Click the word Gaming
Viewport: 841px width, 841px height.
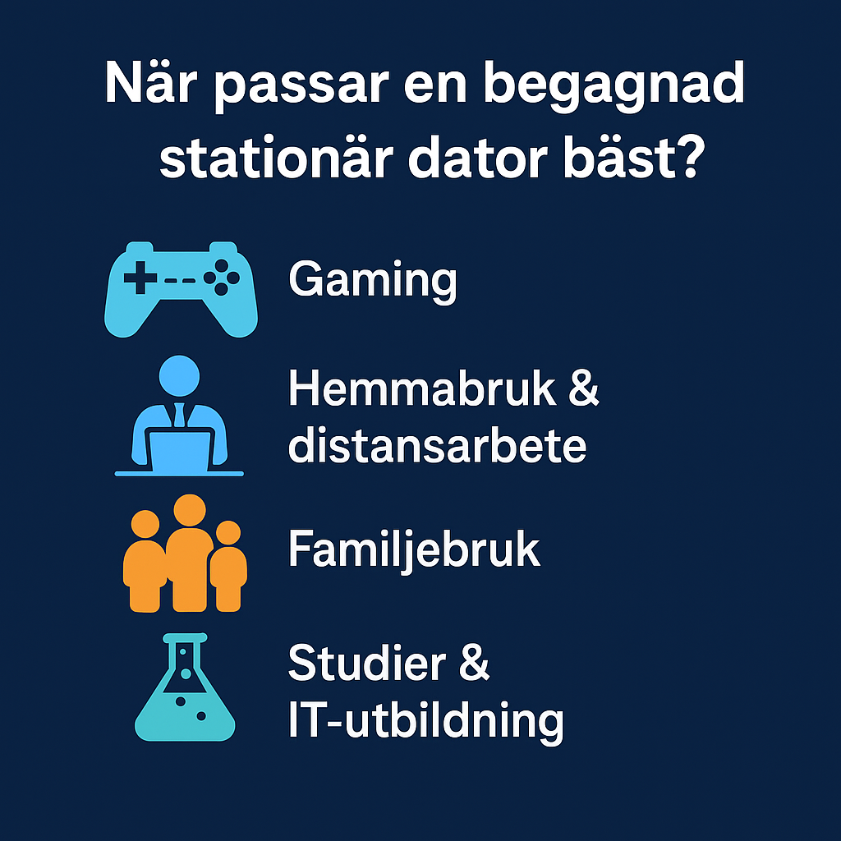coord(373,281)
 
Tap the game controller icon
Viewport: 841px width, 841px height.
coord(181,290)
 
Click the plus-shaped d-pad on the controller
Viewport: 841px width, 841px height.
coord(140,278)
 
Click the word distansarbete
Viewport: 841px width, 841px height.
coord(437,445)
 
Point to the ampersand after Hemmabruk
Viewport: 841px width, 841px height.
coord(584,388)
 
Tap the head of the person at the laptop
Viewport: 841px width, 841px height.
coord(179,375)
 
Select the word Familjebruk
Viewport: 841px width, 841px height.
coord(414,549)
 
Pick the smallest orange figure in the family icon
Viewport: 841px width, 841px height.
coord(228,567)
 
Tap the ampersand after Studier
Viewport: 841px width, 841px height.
coord(474,663)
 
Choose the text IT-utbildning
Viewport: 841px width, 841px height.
coord(426,721)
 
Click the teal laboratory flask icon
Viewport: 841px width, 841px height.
coord(185,687)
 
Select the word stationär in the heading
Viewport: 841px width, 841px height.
coord(276,159)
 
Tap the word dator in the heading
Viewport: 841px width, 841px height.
coord(478,157)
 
